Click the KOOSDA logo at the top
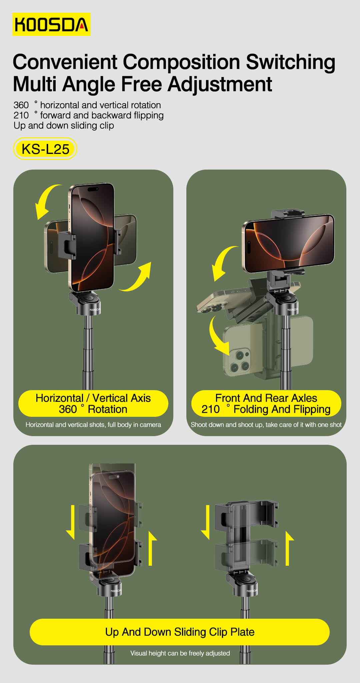point(51,24)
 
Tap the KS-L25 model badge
point(45,149)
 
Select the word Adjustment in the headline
point(220,84)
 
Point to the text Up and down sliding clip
point(64,126)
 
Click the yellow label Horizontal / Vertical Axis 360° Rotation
point(93,403)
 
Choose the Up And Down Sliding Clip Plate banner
point(180,632)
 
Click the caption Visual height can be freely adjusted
point(180,653)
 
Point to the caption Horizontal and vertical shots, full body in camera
point(93,425)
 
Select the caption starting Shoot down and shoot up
point(266,425)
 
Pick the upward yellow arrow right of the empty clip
point(289,548)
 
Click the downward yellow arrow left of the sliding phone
point(71,522)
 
